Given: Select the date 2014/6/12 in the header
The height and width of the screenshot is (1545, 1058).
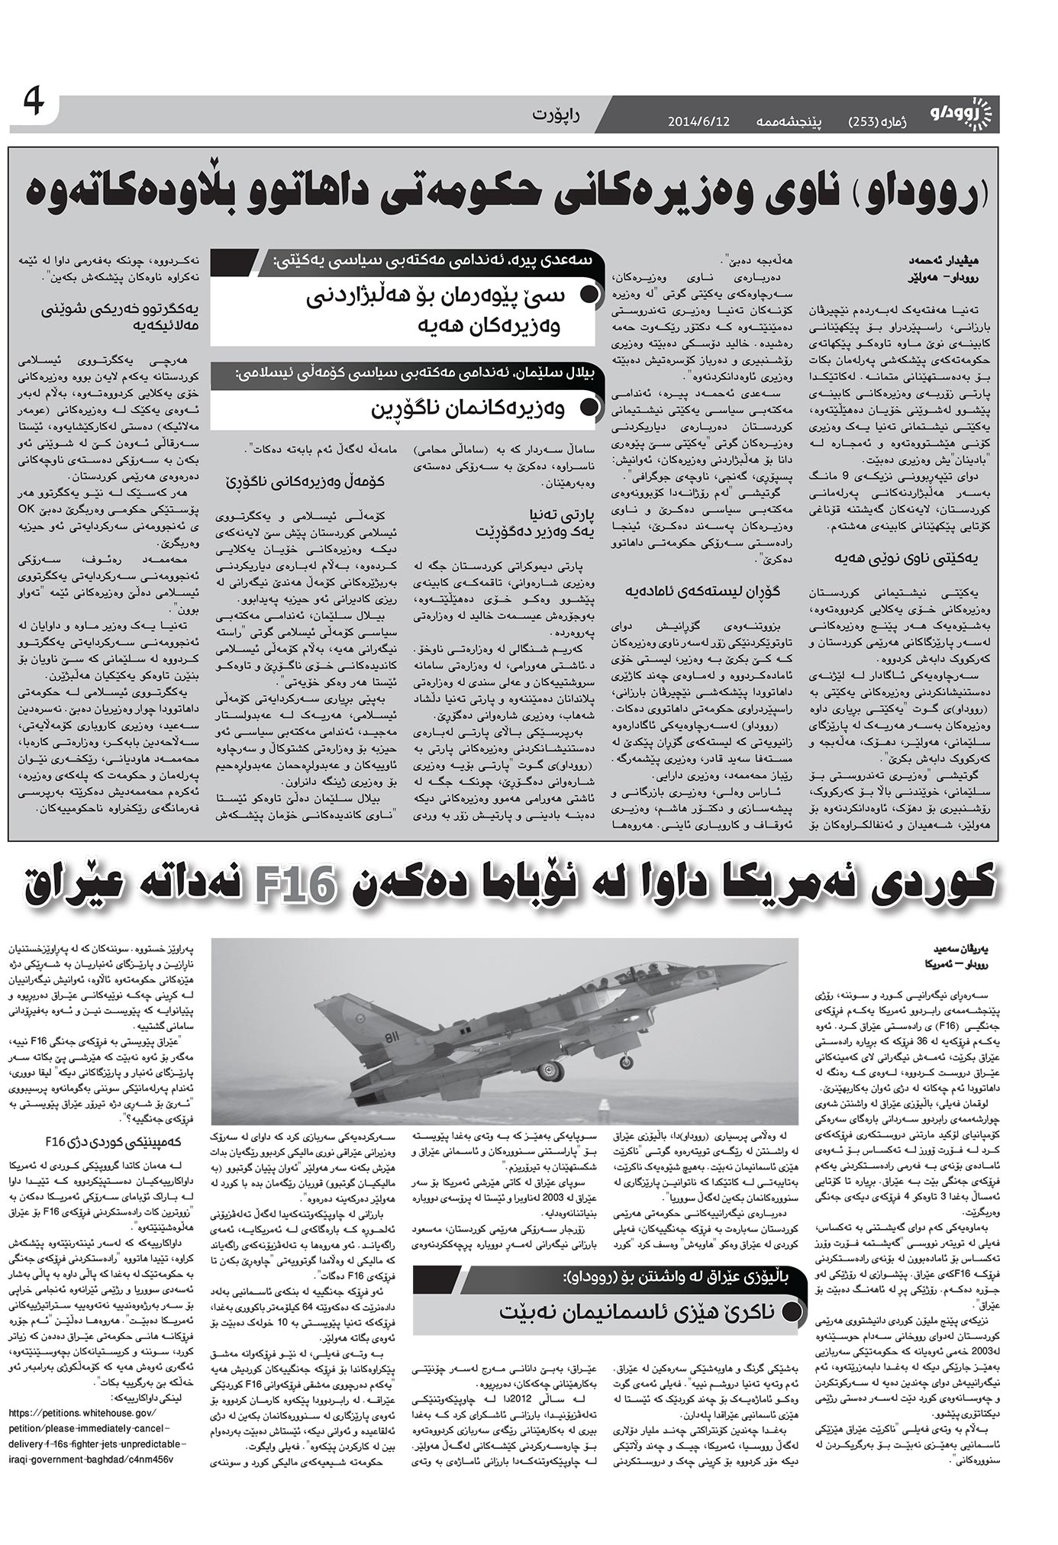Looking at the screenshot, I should click(x=698, y=121).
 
